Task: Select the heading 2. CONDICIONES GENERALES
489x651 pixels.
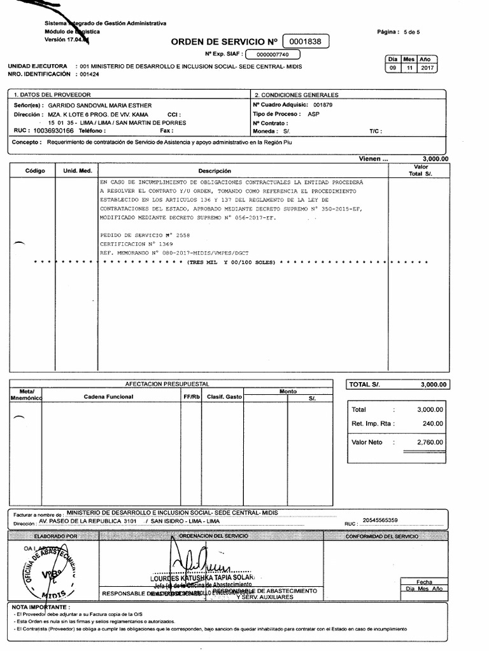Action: (x=290, y=94)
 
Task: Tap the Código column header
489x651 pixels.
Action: (x=35, y=171)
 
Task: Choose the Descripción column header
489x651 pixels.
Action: (x=215, y=171)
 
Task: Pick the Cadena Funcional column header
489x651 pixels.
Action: (x=108, y=397)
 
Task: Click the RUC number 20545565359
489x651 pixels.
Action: (x=380, y=521)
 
